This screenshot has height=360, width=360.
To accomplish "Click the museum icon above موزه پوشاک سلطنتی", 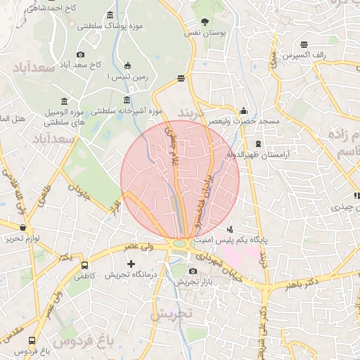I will point(109,15).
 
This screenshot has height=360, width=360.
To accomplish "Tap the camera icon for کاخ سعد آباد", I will point(80,55).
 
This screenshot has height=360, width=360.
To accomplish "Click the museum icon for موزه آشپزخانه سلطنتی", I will point(127,100).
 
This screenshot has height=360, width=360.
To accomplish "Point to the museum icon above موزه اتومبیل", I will point(65,101).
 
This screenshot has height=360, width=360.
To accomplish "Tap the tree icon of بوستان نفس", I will point(205,22).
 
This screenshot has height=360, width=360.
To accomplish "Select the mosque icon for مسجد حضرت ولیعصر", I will point(243,110).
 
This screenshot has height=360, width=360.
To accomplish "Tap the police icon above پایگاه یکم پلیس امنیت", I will point(230,229).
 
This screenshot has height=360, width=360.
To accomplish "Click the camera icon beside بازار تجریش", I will point(193,271).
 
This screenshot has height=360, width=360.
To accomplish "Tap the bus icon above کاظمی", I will point(85,266).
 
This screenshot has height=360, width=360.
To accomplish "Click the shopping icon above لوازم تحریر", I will point(25,228).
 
